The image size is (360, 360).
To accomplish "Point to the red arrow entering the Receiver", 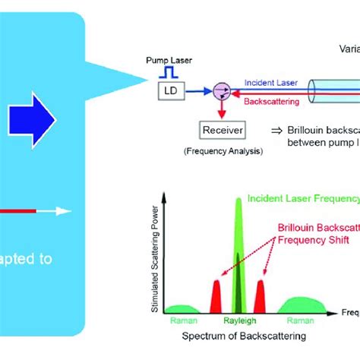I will (x=220, y=111).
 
